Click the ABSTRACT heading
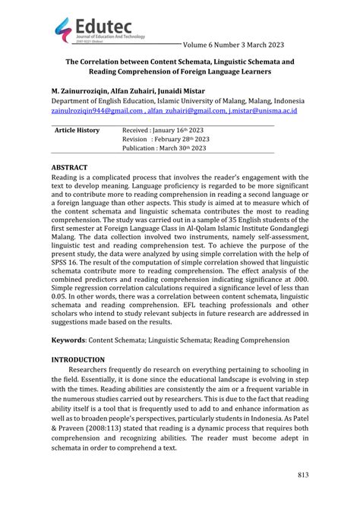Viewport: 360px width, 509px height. [x=69, y=166]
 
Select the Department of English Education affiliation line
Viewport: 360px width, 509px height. [x=179, y=100]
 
